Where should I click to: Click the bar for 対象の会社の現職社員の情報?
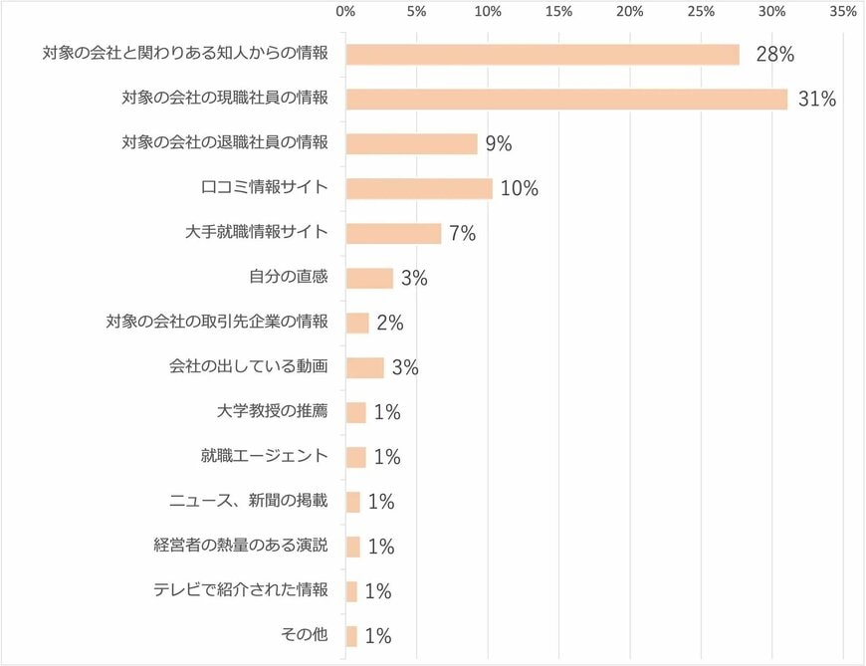click(566, 100)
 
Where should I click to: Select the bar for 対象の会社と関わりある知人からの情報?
click(542, 55)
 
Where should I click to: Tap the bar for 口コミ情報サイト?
click(419, 188)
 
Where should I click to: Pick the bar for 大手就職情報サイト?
click(393, 233)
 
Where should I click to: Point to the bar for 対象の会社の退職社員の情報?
click(412, 143)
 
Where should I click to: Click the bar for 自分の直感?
click(369, 278)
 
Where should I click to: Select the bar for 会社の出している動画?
click(365, 367)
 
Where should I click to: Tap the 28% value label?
click(774, 55)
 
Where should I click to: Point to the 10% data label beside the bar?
click(520, 188)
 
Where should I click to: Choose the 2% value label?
click(390, 323)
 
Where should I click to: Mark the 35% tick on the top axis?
click(842, 12)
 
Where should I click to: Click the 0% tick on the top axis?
click(345, 12)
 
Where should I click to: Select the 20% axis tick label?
click(629, 12)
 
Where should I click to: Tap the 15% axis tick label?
click(558, 12)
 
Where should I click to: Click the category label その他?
click(307, 635)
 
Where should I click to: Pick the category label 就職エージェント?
click(264, 456)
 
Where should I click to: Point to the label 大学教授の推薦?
click(272, 411)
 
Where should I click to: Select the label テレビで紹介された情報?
click(240, 590)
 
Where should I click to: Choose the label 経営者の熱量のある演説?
click(240, 546)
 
